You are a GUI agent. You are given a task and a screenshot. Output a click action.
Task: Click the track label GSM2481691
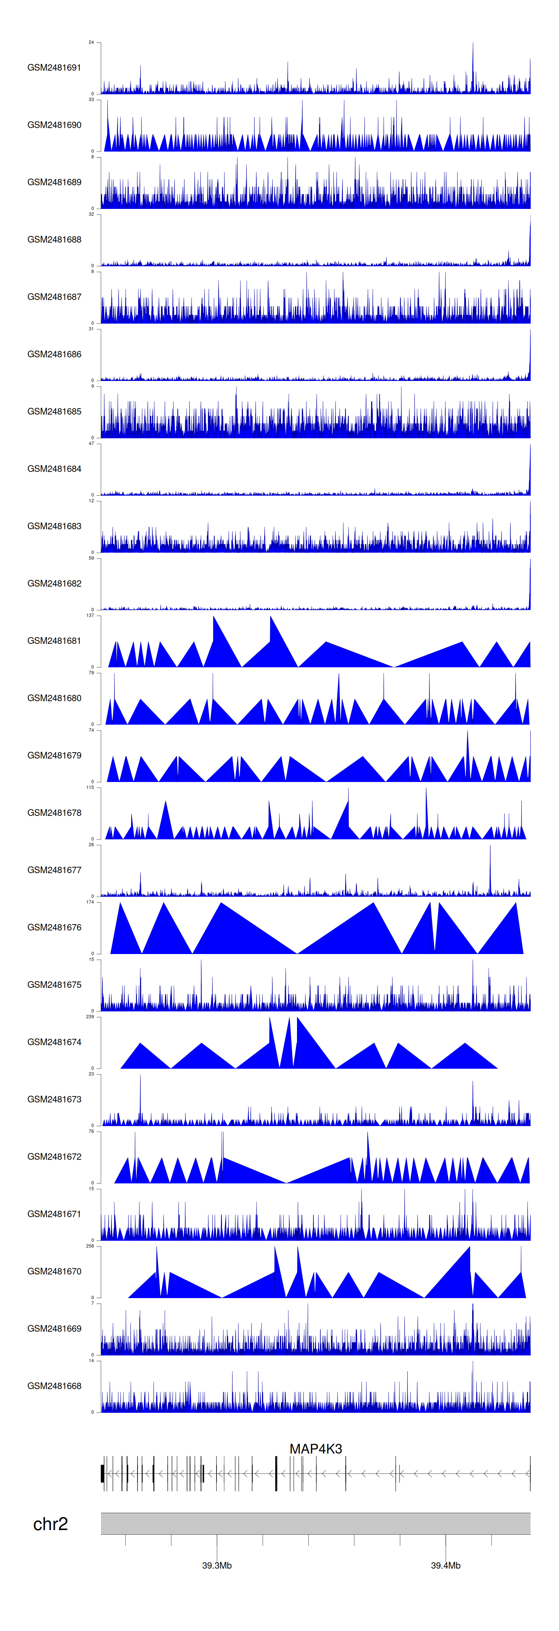click(54, 68)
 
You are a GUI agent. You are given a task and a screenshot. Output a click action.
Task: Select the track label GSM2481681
click(54, 641)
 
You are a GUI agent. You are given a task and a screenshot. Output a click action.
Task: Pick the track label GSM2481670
click(54, 1271)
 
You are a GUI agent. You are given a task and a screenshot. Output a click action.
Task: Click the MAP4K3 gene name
click(316, 1448)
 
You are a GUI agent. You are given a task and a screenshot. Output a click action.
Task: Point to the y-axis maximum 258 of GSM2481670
click(90, 1246)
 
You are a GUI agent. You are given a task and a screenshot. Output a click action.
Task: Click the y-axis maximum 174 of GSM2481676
click(90, 902)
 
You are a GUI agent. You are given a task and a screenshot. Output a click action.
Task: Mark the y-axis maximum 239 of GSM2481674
click(90, 1017)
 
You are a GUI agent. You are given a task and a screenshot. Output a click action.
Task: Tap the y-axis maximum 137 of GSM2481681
click(90, 616)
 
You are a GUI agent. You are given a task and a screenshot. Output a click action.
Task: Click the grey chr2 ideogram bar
click(316, 1523)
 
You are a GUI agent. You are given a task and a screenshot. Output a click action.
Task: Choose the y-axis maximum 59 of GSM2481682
click(91, 559)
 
